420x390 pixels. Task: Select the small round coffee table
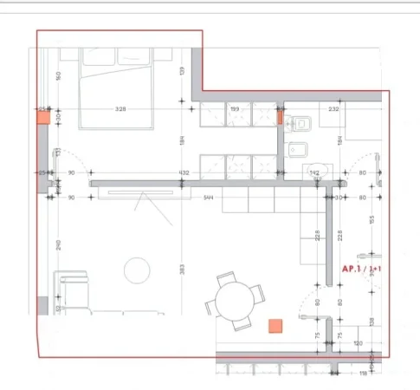137,270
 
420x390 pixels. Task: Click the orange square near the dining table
275,325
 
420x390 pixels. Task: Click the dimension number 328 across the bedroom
121,109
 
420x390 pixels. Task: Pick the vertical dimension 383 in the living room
182,270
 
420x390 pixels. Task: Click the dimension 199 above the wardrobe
235,109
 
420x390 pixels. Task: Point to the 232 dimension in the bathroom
333,109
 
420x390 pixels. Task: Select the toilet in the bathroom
297,123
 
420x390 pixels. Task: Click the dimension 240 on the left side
58,244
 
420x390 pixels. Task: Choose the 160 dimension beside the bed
58,75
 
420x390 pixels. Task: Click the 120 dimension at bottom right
357,343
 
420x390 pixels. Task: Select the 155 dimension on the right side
370,220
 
